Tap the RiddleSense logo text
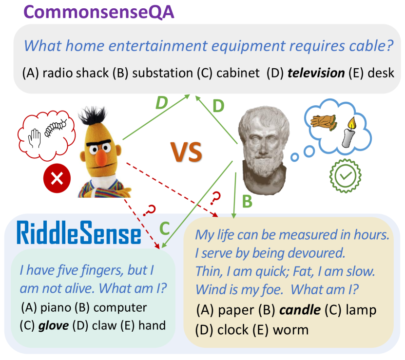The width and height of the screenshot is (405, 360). pyautogui.click(x=78, y=233)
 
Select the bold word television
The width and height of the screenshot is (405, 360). pyautogui.click(x=315, y=74)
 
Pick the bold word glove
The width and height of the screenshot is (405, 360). pyautogui.click(x=54, y=325)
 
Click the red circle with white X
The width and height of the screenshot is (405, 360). pyautogui.click(x=57, y=178)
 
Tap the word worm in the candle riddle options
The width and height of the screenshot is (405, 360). pyautogui.click(x=291, y=330)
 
